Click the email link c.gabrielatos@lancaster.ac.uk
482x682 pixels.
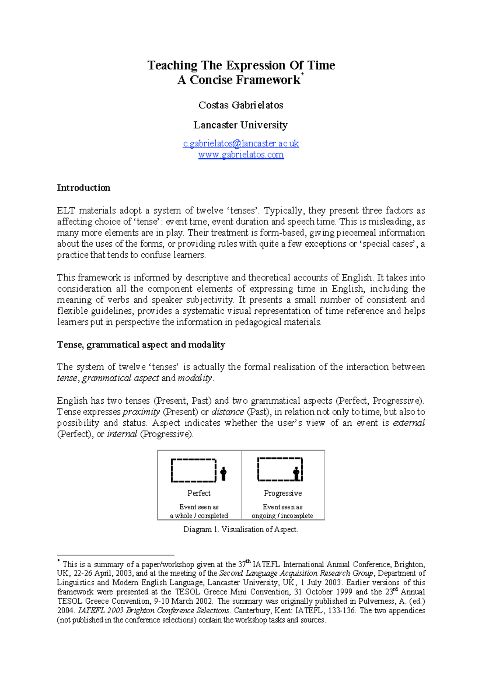pos(241,143)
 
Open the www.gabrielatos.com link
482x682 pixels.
pos(241,155)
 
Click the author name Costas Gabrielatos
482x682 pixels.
pos(241,105)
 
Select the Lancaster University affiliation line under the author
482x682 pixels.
pos(240,125)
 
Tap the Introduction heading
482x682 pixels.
pos(83,188)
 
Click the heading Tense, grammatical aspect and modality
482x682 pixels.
pos(141,345)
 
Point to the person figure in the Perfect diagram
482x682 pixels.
pos(223,474)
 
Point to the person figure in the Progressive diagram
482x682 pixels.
pos(296,474)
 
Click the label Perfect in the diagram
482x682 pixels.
pos(199,493)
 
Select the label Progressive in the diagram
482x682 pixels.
pos(283,493)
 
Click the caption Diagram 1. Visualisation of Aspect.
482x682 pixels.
pos(241,529)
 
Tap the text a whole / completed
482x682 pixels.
pos(199,516)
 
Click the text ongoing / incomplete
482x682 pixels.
pos(282,516)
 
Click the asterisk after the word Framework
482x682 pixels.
pos(302,75)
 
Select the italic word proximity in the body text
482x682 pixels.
pos(141,412)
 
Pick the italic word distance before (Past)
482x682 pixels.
pos(228,412)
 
